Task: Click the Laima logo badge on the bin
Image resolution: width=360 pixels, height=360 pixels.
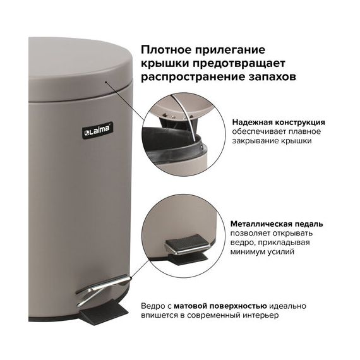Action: coord(98,130)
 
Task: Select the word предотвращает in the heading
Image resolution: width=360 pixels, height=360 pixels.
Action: coord(239,63)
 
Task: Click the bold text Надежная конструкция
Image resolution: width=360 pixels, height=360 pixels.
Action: coord(279,123)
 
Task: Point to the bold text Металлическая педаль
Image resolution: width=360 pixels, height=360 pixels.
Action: coord(277,224)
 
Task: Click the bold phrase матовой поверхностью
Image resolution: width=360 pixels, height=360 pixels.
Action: coord(220,306)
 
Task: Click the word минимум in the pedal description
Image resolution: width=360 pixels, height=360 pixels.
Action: coord(248,252)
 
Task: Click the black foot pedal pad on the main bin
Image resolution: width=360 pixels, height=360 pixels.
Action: coord(104,313)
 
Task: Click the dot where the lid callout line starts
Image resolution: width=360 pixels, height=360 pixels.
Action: coord(106,82)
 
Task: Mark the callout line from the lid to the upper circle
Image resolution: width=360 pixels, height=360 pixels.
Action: coord(126,101)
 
